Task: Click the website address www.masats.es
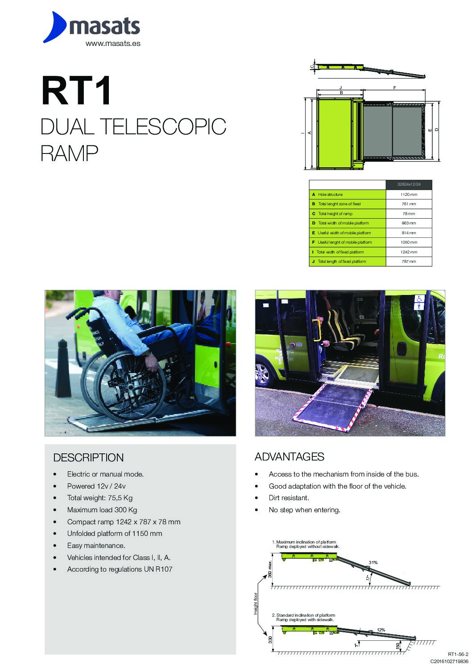[x=113, y=44]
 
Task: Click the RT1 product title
[x=76, y=91]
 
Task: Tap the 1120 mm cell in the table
[x=409, y=195]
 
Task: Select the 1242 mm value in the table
[x=409, y=252]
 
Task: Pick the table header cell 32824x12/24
[x=409, y=185]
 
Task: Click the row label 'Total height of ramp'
[x=335, y=214]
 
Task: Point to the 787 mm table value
[x=409, y=261]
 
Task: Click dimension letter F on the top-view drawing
[x=394, y=88]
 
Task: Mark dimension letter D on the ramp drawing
[x=437, y=129]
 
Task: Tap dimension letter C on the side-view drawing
[x=312, y=67]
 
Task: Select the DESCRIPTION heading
[x=88, y=457]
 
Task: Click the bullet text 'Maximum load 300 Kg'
[x=102, y=510]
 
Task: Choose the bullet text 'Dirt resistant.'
[x=289, y=498]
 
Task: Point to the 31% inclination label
[x=373, y=562]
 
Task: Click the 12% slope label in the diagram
[x=381, y=630]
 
